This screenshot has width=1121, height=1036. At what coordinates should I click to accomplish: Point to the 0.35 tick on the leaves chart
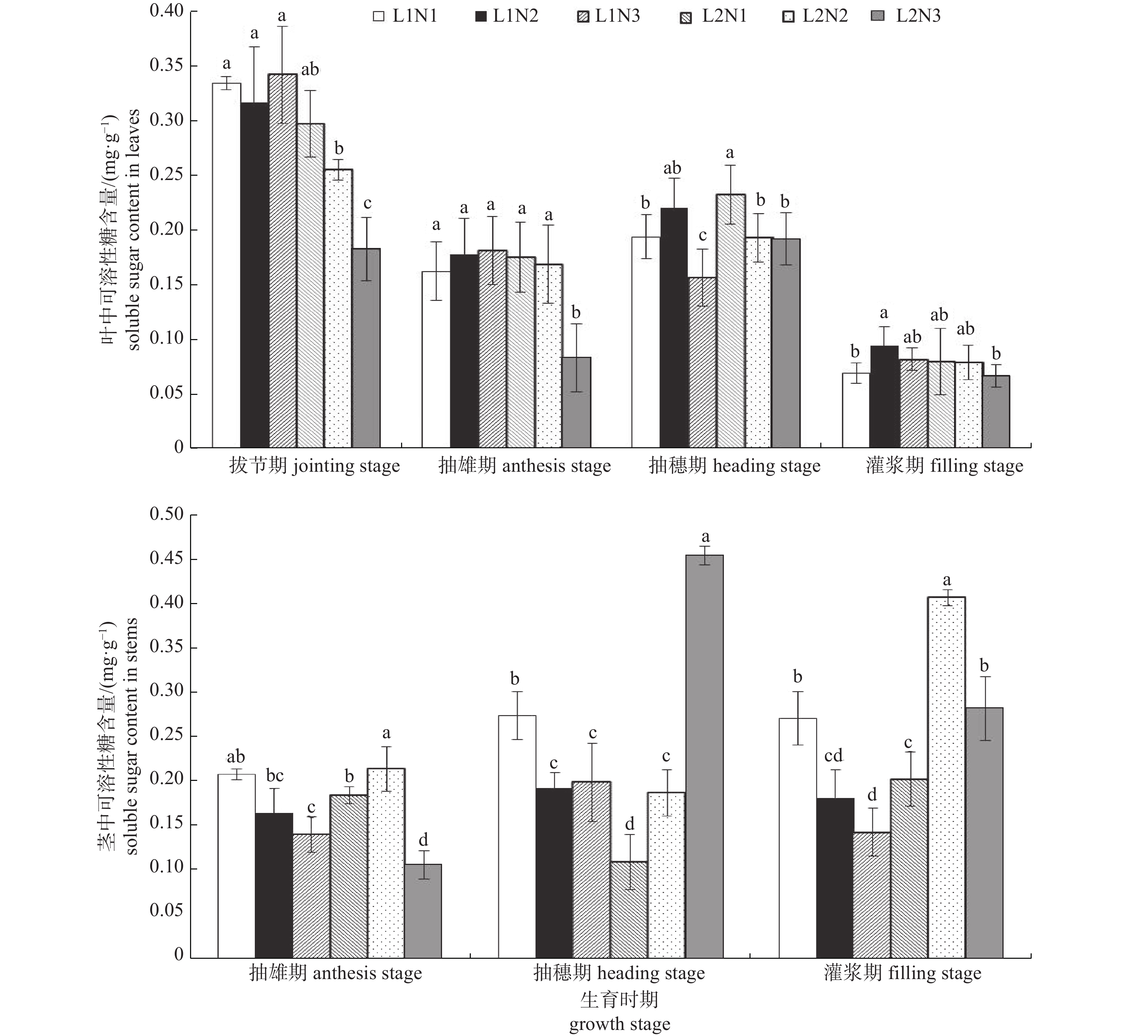click(x=167, y=65)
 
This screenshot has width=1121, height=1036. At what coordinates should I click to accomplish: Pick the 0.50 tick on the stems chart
click(x=167, y=515)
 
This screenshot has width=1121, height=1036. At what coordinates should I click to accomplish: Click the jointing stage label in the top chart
click(x=314, y=466)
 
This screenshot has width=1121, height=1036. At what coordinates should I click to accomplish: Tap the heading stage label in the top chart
click(x=734, y=466)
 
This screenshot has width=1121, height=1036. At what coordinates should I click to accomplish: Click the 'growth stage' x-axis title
click(x=619, y=1024)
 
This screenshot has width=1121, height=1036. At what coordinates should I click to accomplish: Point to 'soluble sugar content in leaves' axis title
click(x=133, y=230)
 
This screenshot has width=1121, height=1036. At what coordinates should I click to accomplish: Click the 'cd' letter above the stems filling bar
click(x=833, y=756)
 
